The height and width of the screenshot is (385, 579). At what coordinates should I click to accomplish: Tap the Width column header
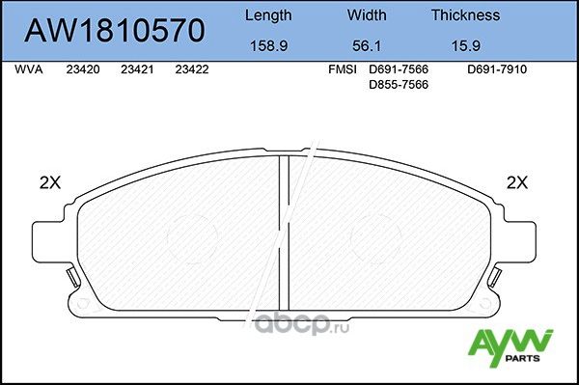click(x=367, y=14)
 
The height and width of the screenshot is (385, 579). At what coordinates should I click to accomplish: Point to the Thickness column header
click(x=465, y=14)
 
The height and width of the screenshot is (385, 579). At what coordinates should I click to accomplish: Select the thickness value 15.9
click(x=465, y=44)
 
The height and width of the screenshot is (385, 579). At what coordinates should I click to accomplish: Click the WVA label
click(x=30, y=70)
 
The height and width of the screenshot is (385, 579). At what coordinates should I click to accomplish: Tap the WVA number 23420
click(x=83, y=70)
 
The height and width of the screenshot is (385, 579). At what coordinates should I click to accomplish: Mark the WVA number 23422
click(x=193, y=70)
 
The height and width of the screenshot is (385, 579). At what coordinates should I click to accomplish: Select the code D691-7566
click(x=399, y=70)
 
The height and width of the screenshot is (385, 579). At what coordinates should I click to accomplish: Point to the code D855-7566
click(x=399, y=85)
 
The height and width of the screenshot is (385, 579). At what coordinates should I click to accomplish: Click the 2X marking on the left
click(x=49, y=182)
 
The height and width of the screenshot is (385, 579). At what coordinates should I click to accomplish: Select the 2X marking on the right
click(x=517, y=182)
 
